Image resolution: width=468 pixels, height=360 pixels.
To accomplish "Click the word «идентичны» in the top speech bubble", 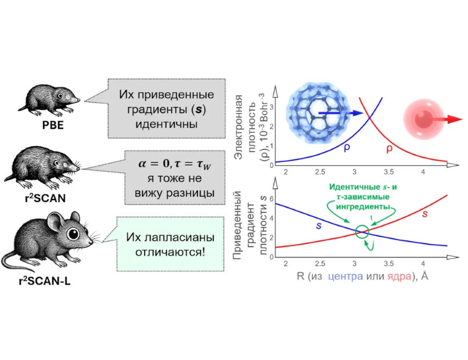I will point(166,124).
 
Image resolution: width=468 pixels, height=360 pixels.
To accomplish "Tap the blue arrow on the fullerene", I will point(340,113).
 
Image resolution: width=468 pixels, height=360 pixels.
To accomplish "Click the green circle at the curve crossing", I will point(361,232).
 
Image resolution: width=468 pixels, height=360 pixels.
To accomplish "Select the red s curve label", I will point(425,213).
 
